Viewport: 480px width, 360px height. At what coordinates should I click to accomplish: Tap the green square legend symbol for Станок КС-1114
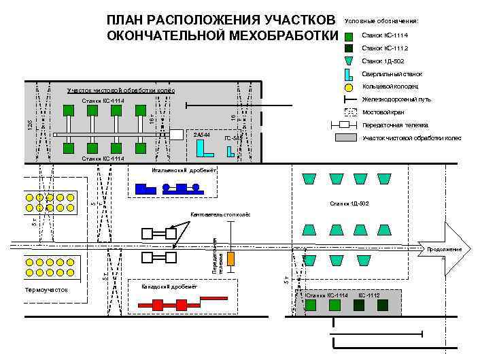[x=349, y=35]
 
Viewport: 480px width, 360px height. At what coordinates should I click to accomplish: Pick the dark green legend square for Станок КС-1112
[x=349, y=48]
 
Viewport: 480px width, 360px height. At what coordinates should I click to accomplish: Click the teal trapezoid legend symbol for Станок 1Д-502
[x=349, y=61]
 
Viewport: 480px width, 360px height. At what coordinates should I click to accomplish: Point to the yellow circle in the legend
[x=349, y=87]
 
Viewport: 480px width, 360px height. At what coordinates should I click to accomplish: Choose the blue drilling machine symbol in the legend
[x=348, y=74]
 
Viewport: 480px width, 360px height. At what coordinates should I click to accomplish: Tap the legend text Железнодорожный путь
[x=396, y=99]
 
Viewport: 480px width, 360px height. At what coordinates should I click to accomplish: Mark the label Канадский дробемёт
[x=169, y=287]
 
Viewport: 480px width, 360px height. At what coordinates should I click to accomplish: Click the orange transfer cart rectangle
[x=231, y=259]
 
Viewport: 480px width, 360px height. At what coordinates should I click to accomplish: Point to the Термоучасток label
[x=46, y=290]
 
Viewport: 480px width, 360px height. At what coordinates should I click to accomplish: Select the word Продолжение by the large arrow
[x=445, y=250]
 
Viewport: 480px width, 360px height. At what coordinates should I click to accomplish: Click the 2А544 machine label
[x=201, y=135]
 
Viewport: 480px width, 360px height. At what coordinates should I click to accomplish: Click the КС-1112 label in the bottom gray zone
[x=368, y=296]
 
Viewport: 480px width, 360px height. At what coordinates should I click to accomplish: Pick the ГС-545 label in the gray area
[x=233, y=138]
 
